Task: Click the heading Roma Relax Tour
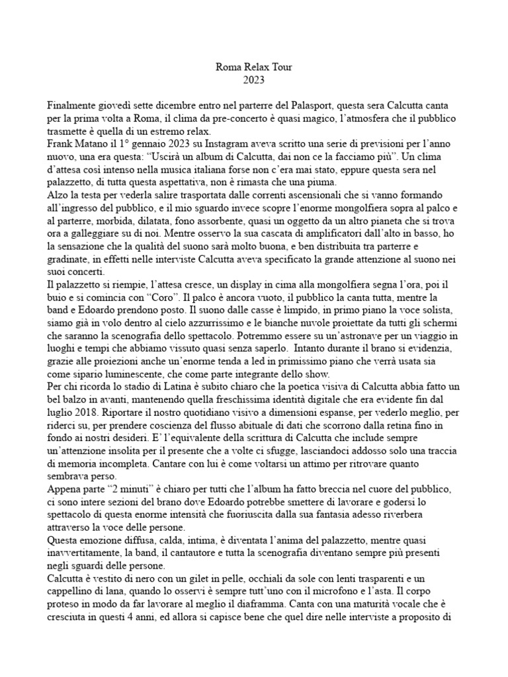[x=253, y=67]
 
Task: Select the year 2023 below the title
[x=253, y=80]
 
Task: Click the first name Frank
[x=62, y=145]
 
